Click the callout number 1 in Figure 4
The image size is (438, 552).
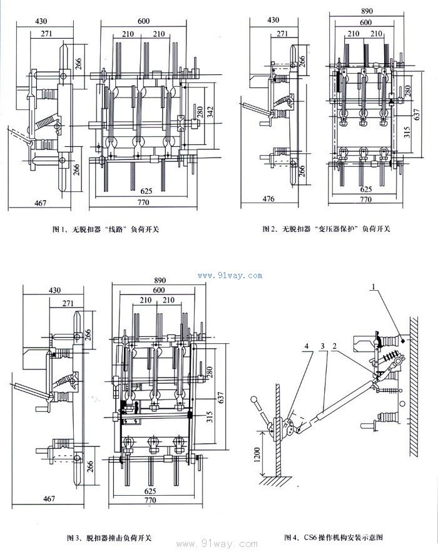coord(373,288)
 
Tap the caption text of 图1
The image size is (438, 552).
coord(105,229)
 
